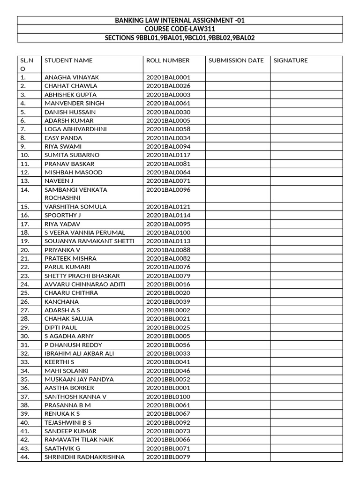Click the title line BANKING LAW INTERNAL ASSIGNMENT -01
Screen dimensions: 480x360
(180, 21)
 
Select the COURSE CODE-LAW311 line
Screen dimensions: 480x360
(180, 29)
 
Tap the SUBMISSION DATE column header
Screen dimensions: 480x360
(236, 60)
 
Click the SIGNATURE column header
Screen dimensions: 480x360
(291, 60)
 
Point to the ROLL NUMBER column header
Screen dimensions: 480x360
(168, 60)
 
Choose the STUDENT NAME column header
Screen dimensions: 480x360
(68, 60)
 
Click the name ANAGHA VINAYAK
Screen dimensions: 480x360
(72, 77)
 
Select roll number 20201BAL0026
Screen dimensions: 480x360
(168, 86)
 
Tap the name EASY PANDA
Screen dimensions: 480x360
(63, 138)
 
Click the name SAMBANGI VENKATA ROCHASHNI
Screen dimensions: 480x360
(75, 194)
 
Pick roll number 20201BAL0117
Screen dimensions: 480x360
(168, 155)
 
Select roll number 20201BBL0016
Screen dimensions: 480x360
(168, 285)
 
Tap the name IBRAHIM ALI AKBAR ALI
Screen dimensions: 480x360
(79, 353)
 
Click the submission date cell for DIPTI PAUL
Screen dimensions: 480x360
(237, 328)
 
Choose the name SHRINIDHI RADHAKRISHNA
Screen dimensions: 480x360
(85, 457)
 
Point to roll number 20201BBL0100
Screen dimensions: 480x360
(168, 397)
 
